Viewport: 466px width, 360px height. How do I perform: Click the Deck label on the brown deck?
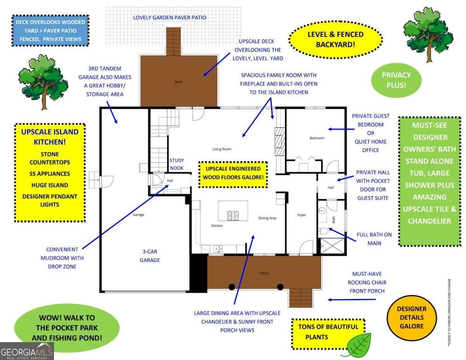point(178,82)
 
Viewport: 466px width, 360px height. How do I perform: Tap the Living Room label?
point(222,149)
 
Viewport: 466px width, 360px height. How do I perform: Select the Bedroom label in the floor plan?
point(317,138)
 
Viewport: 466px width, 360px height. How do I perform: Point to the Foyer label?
point(301,215)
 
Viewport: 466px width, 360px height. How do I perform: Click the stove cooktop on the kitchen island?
point(233,216)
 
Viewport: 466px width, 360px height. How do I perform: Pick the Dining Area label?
point(267,218)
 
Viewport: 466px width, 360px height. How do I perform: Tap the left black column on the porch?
point(231,287)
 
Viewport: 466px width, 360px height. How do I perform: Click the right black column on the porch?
point(280,287)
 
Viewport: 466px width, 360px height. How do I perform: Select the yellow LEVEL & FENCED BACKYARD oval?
point(336,40)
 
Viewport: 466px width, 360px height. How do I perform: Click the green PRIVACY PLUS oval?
point(396,80)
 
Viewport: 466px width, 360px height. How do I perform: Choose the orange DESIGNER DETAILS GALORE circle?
point(412,318)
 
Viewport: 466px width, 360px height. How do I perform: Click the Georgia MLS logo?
point(27,351)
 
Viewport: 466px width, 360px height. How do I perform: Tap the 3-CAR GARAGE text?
point(150,256)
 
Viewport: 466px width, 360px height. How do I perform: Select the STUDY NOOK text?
point(176,164)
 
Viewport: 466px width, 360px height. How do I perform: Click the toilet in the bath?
point(323,231)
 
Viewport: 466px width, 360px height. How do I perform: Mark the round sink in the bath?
point(322,211)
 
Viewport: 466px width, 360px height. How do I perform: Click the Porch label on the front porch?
point(264,273)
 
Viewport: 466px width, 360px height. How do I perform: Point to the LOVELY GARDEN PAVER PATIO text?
point(170,17)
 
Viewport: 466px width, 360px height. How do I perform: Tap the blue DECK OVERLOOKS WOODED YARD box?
point(50,30)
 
